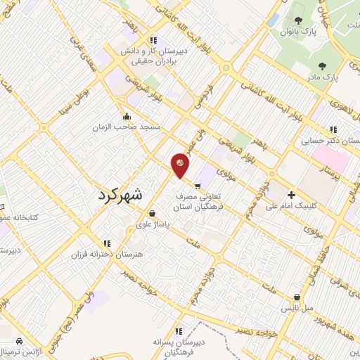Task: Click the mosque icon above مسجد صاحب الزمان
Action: coord(127,117)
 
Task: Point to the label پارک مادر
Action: coord(324,73)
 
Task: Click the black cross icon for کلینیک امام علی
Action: coord(292,195)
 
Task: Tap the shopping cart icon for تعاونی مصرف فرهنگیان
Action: coord(198,186)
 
